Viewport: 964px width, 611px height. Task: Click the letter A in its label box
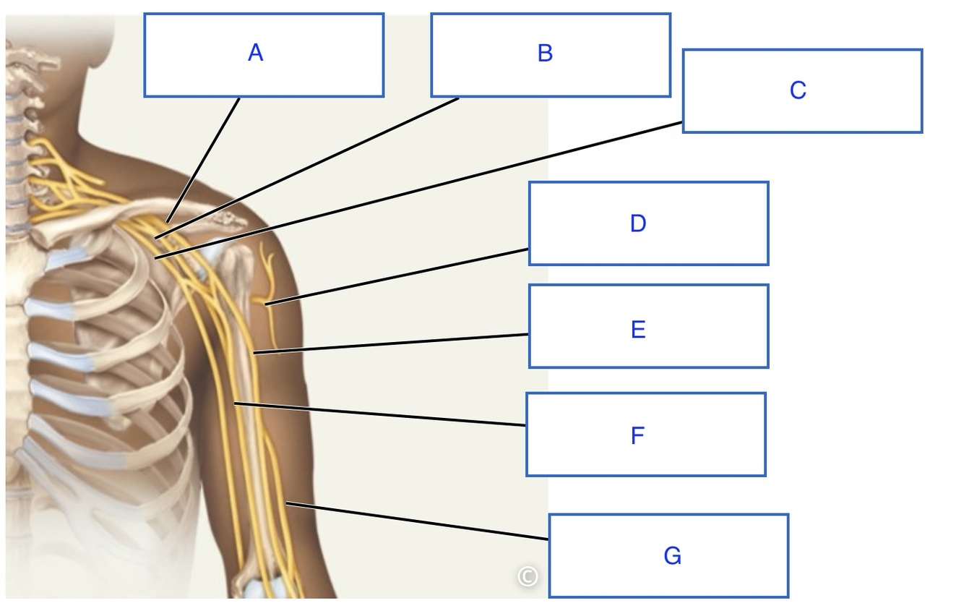[x=255, y=53]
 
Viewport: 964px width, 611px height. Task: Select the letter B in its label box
[x=546, y=53]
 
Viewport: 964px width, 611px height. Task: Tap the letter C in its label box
[x=798, y=90]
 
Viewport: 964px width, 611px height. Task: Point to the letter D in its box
[x=637, y=223]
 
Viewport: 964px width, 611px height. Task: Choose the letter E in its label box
[x=637, y=330]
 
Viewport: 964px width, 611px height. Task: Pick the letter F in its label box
[x=637, y=436]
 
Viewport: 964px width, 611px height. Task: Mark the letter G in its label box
[x=672, y=556]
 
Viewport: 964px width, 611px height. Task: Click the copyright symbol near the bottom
[x=528, y=576]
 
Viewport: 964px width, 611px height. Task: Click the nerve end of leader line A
[x=167, y=221]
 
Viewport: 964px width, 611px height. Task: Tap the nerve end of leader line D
[x=265, y=304]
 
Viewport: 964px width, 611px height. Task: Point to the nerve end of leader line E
[x=254, y=353]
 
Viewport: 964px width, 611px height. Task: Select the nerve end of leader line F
[x=235, y=403]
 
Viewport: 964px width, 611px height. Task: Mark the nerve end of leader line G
[x=287, y=502]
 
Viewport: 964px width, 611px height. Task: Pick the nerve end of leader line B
[x=155, y=237]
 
